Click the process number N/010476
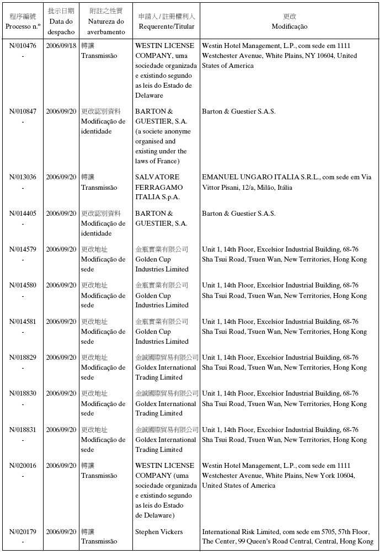click(23, 46)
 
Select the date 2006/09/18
click(61, 46)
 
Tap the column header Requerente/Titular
click(166, 26)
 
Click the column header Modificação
click(289, 26)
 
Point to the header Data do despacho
click(61, 26)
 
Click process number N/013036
click(23, 177)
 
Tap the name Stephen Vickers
click(159, 532)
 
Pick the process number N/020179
click(23, 532)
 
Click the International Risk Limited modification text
click(287, 537)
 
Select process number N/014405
click(23, 214)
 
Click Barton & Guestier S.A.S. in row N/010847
click(238, 111)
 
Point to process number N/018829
click(23, 358)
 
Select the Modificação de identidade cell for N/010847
click(103, 121)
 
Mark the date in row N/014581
click(61, 322)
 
